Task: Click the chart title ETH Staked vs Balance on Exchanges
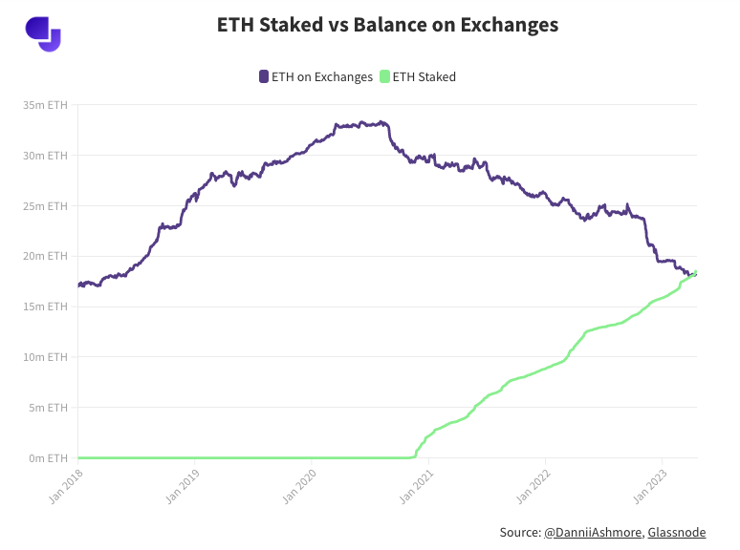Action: tap(387, 25)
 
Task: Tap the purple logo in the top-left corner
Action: tap(42, 33)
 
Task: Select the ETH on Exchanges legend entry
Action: tap(316, 76)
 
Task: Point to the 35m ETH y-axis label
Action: tap(46, 104)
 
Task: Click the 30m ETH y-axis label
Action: tap(46, 155)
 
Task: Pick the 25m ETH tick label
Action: tap(46, 205)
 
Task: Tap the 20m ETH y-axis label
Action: tap(46, 256)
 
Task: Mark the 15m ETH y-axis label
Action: tap(46, 307)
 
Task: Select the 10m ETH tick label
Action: tap(46, 357)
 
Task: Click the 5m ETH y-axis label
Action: tap(48, 408)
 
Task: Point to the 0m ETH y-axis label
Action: tap(48, 458)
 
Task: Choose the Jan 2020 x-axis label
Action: tap(300, 484)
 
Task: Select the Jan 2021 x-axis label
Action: tap(417, 484)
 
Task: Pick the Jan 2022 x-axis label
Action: tap(533, 484)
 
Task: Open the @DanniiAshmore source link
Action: tap(593, 532)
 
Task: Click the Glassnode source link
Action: tap(682, 532)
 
